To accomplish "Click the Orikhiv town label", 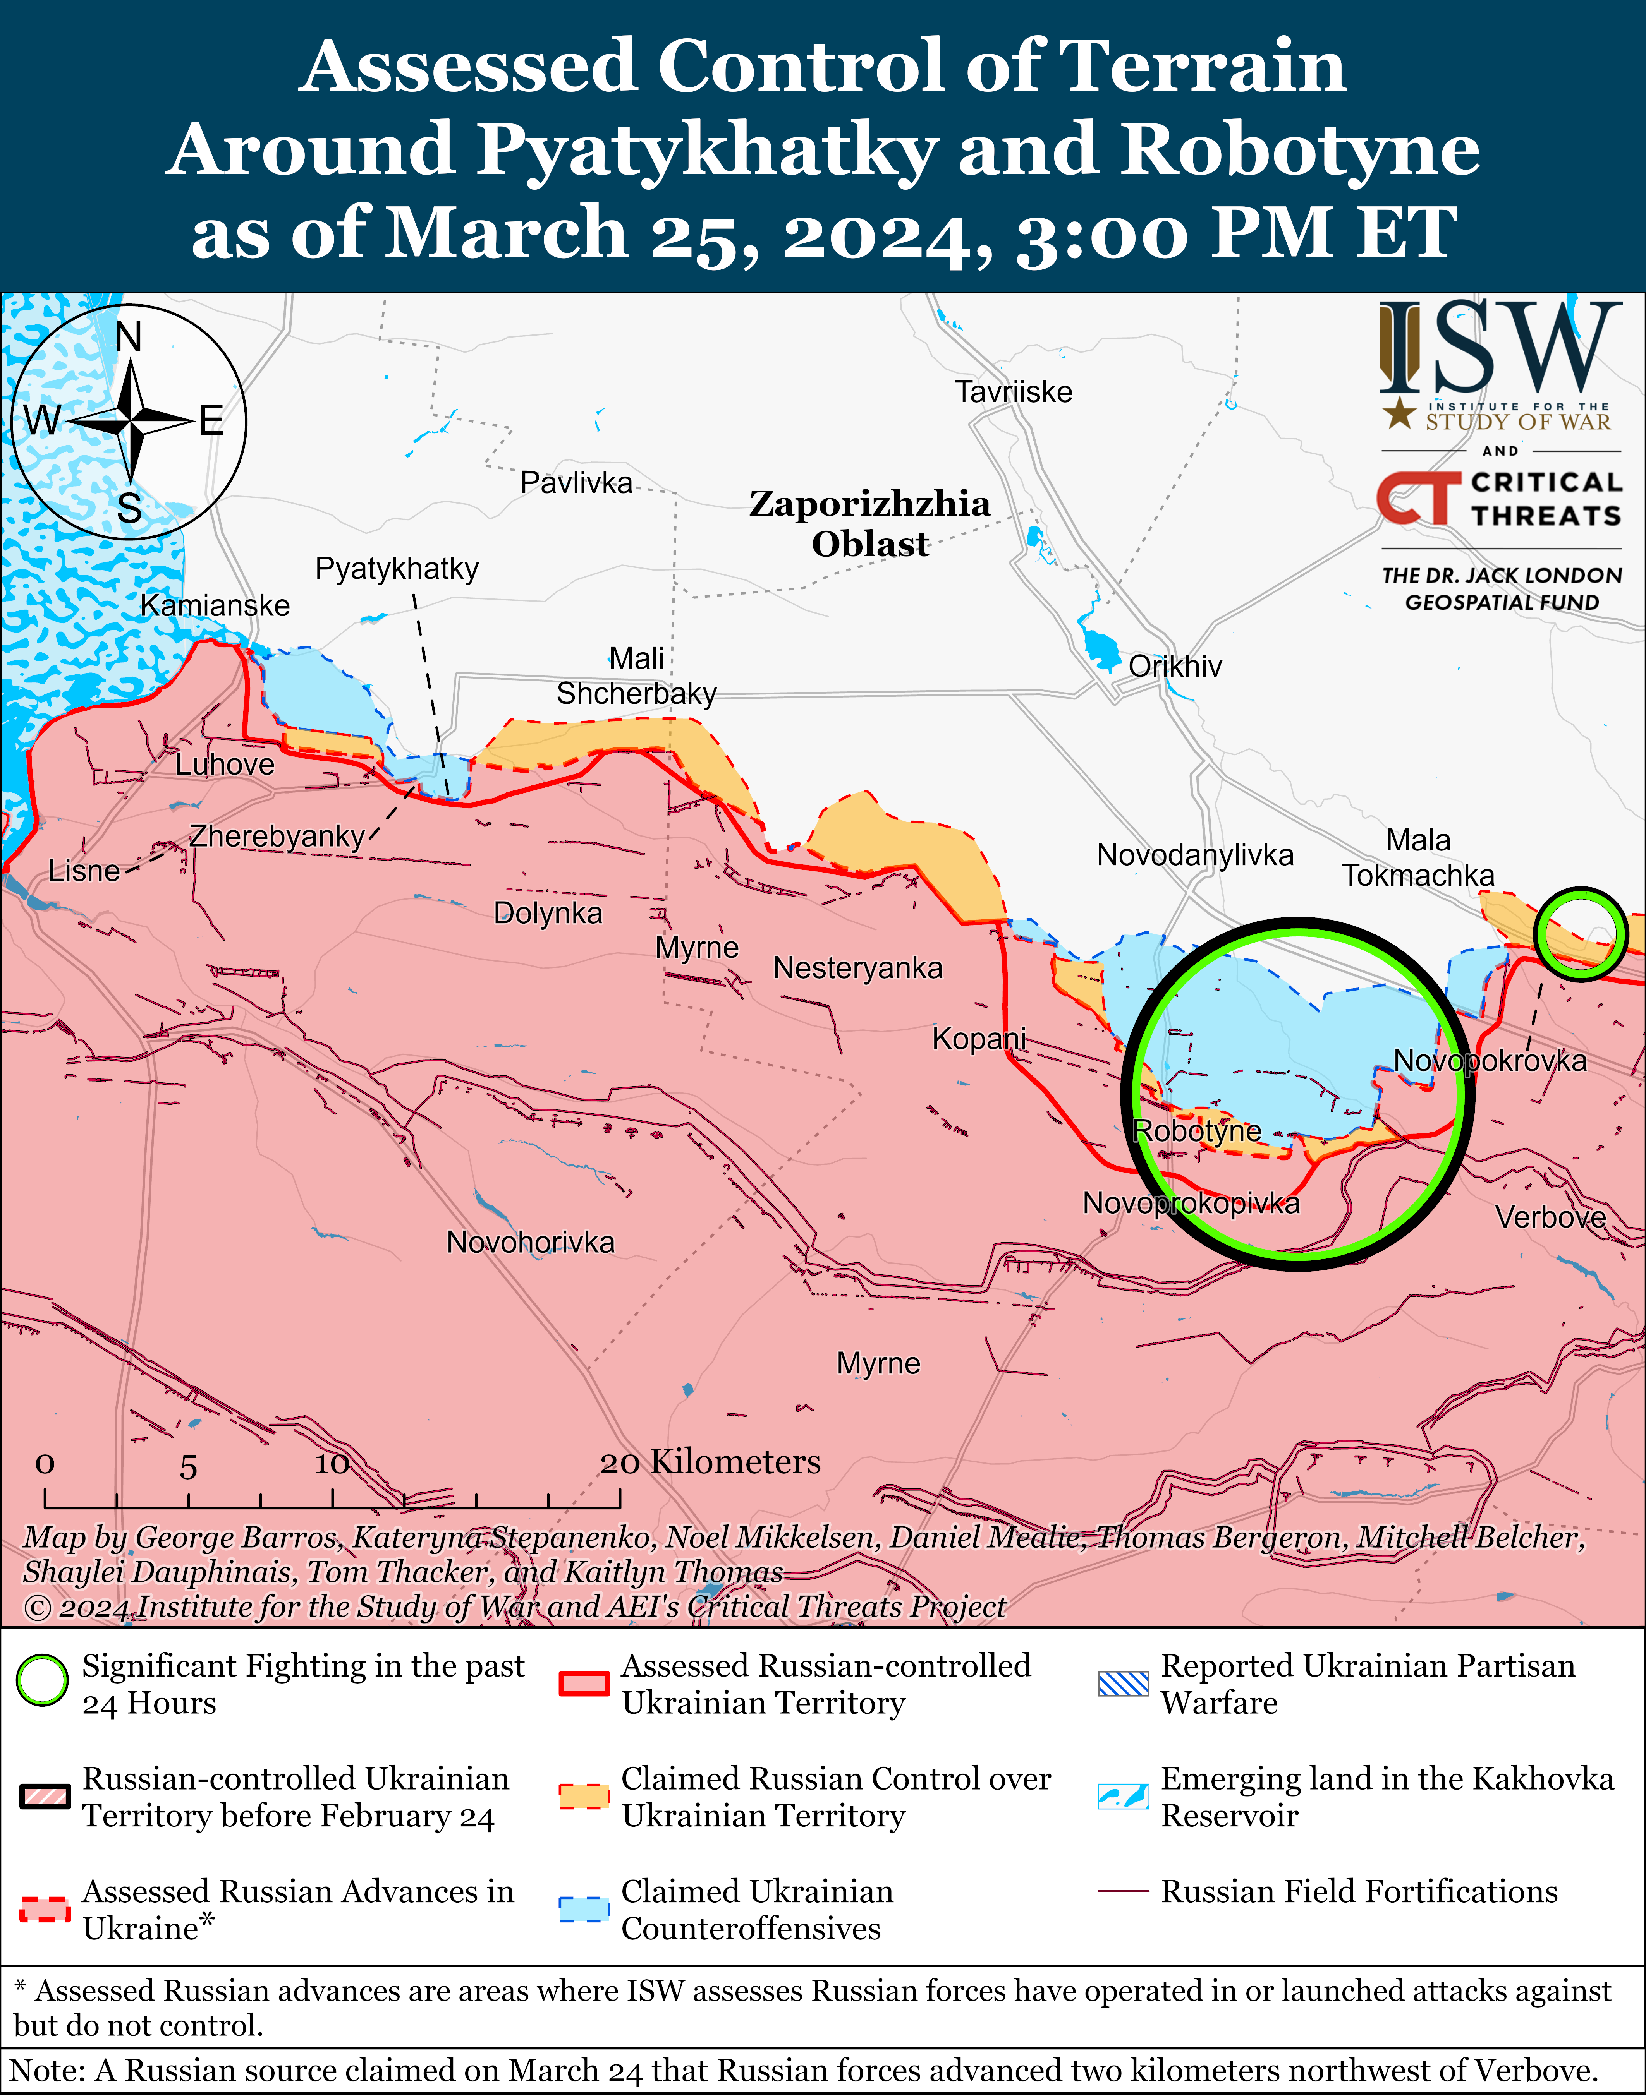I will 1175,667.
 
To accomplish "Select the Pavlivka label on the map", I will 576,483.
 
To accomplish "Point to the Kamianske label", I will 215,606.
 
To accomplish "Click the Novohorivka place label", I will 530,1243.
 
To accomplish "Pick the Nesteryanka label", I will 858,968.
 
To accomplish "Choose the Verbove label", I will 1551,1217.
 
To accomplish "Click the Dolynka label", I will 547,913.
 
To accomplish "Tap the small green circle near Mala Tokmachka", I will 1581,934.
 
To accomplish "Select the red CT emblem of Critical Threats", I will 1417,498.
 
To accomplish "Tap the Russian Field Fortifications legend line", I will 1124,1892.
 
